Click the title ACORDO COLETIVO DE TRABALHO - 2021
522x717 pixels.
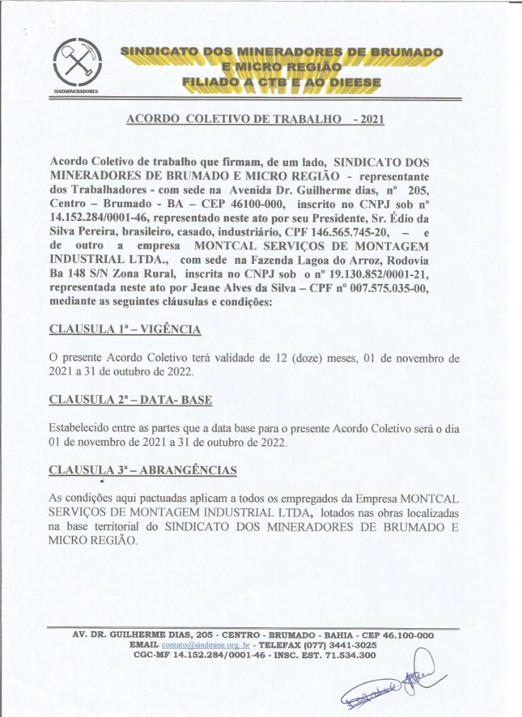point(255,119)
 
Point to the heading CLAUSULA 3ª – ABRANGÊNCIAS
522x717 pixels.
point(142,470)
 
